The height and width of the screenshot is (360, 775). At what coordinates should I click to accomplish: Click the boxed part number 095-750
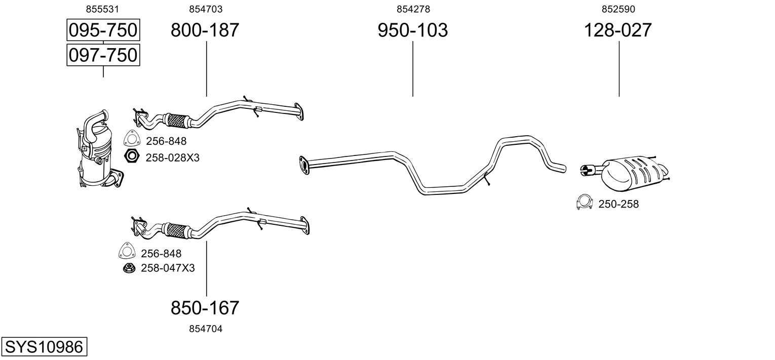tap(103, 30)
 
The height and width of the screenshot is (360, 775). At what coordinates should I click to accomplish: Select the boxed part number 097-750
tap(103, 55)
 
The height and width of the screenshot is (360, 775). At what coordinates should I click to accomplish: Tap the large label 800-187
tap(205, 30)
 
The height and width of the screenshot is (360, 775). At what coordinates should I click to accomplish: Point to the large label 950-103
tap(413, 30)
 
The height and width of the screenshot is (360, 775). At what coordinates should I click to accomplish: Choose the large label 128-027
tap(618, 30)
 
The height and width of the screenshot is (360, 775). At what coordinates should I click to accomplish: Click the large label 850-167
tap(205, 308)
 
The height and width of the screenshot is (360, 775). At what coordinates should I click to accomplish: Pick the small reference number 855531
tap(102, 9)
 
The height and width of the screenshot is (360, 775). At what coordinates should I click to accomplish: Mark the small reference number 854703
tap(206, 9)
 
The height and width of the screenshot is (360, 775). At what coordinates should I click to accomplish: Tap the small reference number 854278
tap(413, 9)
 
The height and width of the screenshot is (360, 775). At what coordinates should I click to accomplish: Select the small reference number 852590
tap(618, 9)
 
